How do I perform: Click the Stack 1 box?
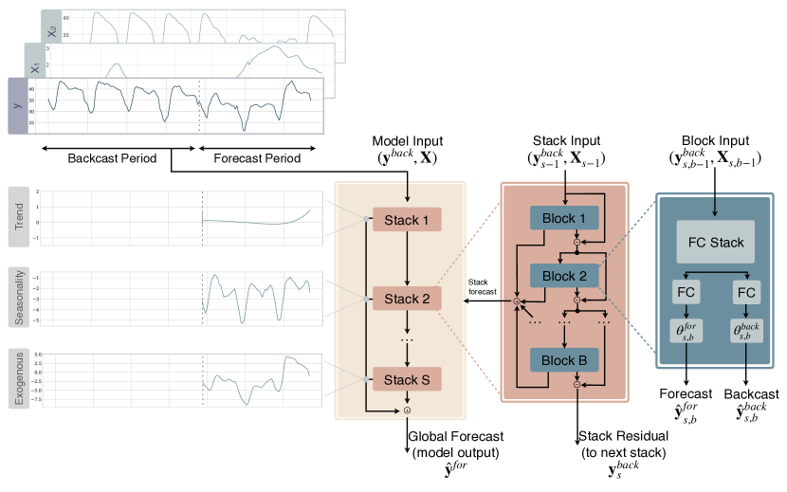point(406,220)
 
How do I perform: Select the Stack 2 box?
point(406,300)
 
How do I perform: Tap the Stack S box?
point(406,380)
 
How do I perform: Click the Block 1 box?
point(565,219)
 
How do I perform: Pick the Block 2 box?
point(565,276)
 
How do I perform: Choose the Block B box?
point(565,361)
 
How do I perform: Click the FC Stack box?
point(715,242)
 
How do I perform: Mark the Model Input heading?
point(407,140)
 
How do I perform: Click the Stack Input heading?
point(565,140)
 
